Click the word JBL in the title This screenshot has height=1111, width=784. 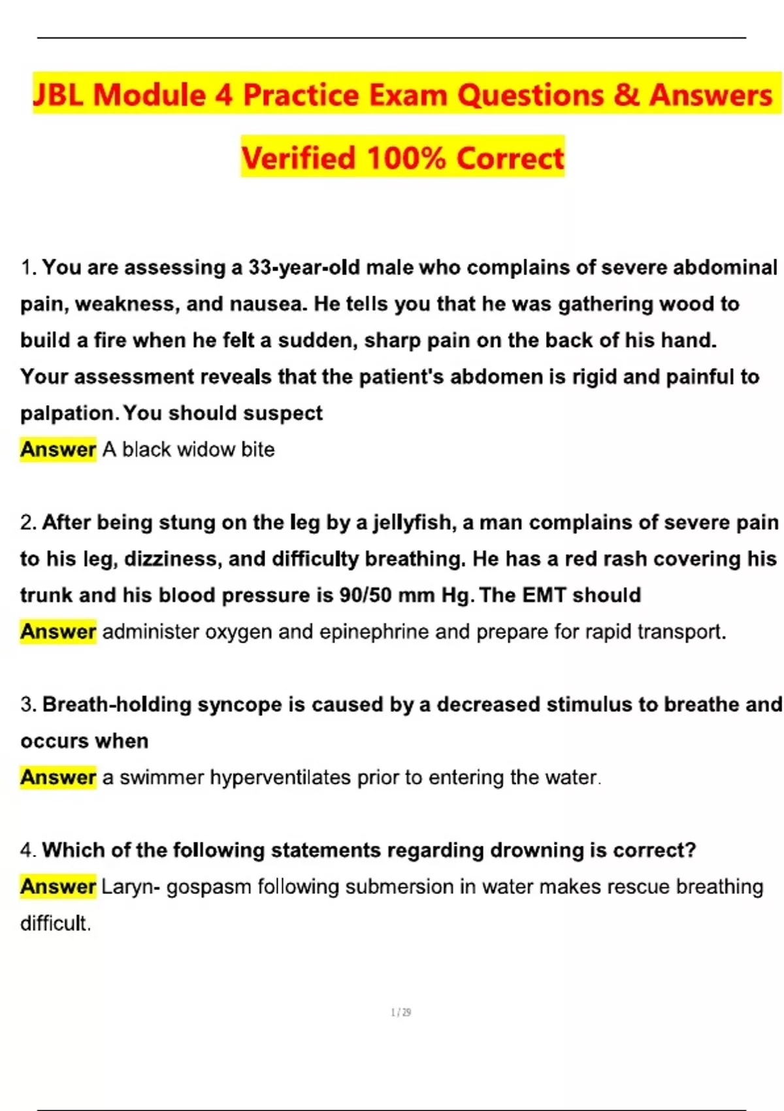(x=58, y=95)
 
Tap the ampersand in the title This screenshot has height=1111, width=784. (x=626, y=95)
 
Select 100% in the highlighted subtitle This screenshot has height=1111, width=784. (x=406, y=158)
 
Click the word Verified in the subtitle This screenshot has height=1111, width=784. (x=299, y=158)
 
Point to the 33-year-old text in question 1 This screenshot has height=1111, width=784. (x=304, y=268)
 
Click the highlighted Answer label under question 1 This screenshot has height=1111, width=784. (x=58, y=450)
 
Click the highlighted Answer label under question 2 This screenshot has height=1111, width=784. (x=58, y=632)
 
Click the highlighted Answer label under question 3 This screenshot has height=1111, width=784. (x=58, y=778)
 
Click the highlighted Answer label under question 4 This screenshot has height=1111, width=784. (x=58, y=887)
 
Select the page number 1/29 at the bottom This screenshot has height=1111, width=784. (x=400, y=1012)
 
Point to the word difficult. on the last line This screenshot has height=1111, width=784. (x=56, y=923)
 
